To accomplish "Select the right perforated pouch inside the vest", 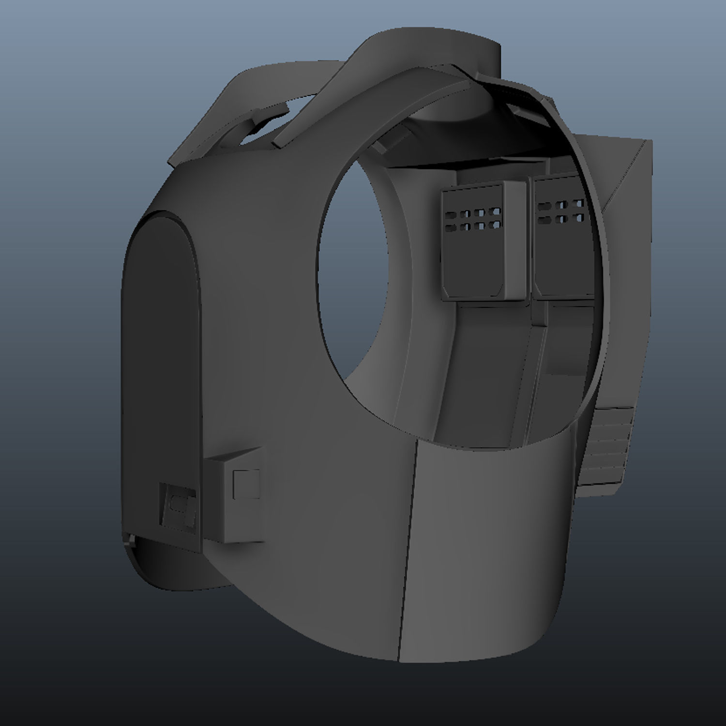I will pyautogui.click(x=561, y=242).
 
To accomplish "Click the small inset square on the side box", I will pyautogui.click(x=245, y=484).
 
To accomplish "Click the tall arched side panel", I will pyautogui.click(x=160, y=363).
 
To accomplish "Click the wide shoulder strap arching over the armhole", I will pyautogui.click(x=387, y=73).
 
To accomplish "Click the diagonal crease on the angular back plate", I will pyautogui.click(x=624, y=179).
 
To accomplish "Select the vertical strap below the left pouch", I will pyautogui.click(x=484, y=368).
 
